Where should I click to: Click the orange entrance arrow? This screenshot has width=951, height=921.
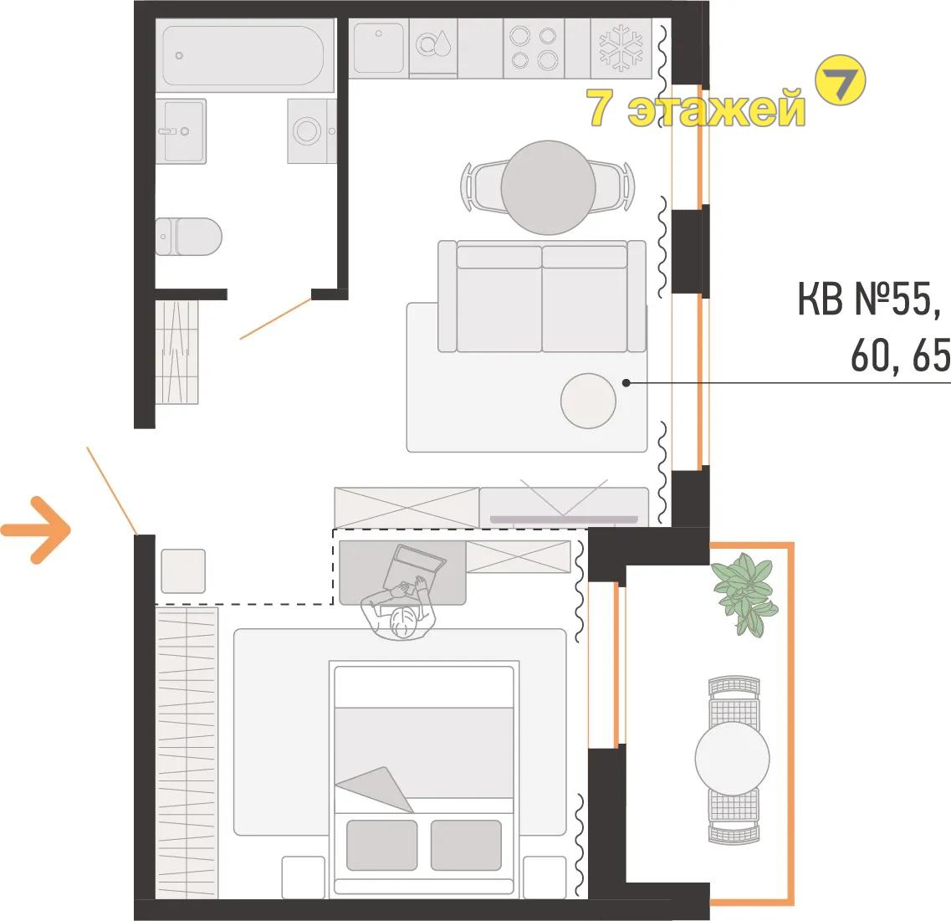coord(37,530)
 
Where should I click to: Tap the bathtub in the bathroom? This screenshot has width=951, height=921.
coord(244,55)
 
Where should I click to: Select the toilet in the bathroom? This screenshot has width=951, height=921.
coord(189,237)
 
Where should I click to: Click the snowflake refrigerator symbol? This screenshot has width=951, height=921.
coord(621,48)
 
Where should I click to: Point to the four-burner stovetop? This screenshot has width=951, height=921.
coord(534,49)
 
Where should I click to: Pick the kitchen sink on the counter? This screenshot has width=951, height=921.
coord(378,48)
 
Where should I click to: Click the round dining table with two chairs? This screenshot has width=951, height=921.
coord(548,187)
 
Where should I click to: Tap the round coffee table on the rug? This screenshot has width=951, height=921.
coord(588,401)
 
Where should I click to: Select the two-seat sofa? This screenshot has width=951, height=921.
coord(542,296)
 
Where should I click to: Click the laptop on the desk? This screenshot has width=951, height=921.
coord(416,567)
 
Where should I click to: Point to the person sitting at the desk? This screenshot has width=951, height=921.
coord(399,610)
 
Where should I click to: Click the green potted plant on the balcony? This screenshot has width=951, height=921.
coord(744,593)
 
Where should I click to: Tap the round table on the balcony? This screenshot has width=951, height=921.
coord(733,759)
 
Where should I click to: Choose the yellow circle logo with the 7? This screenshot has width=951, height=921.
coord(840,79)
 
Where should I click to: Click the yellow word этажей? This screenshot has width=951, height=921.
coord(716,108)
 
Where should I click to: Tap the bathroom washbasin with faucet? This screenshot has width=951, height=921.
coord(182,131)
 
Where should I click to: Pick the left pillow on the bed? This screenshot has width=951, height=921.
coord(381,845)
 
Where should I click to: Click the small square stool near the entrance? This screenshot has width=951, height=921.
coord(183,571)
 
